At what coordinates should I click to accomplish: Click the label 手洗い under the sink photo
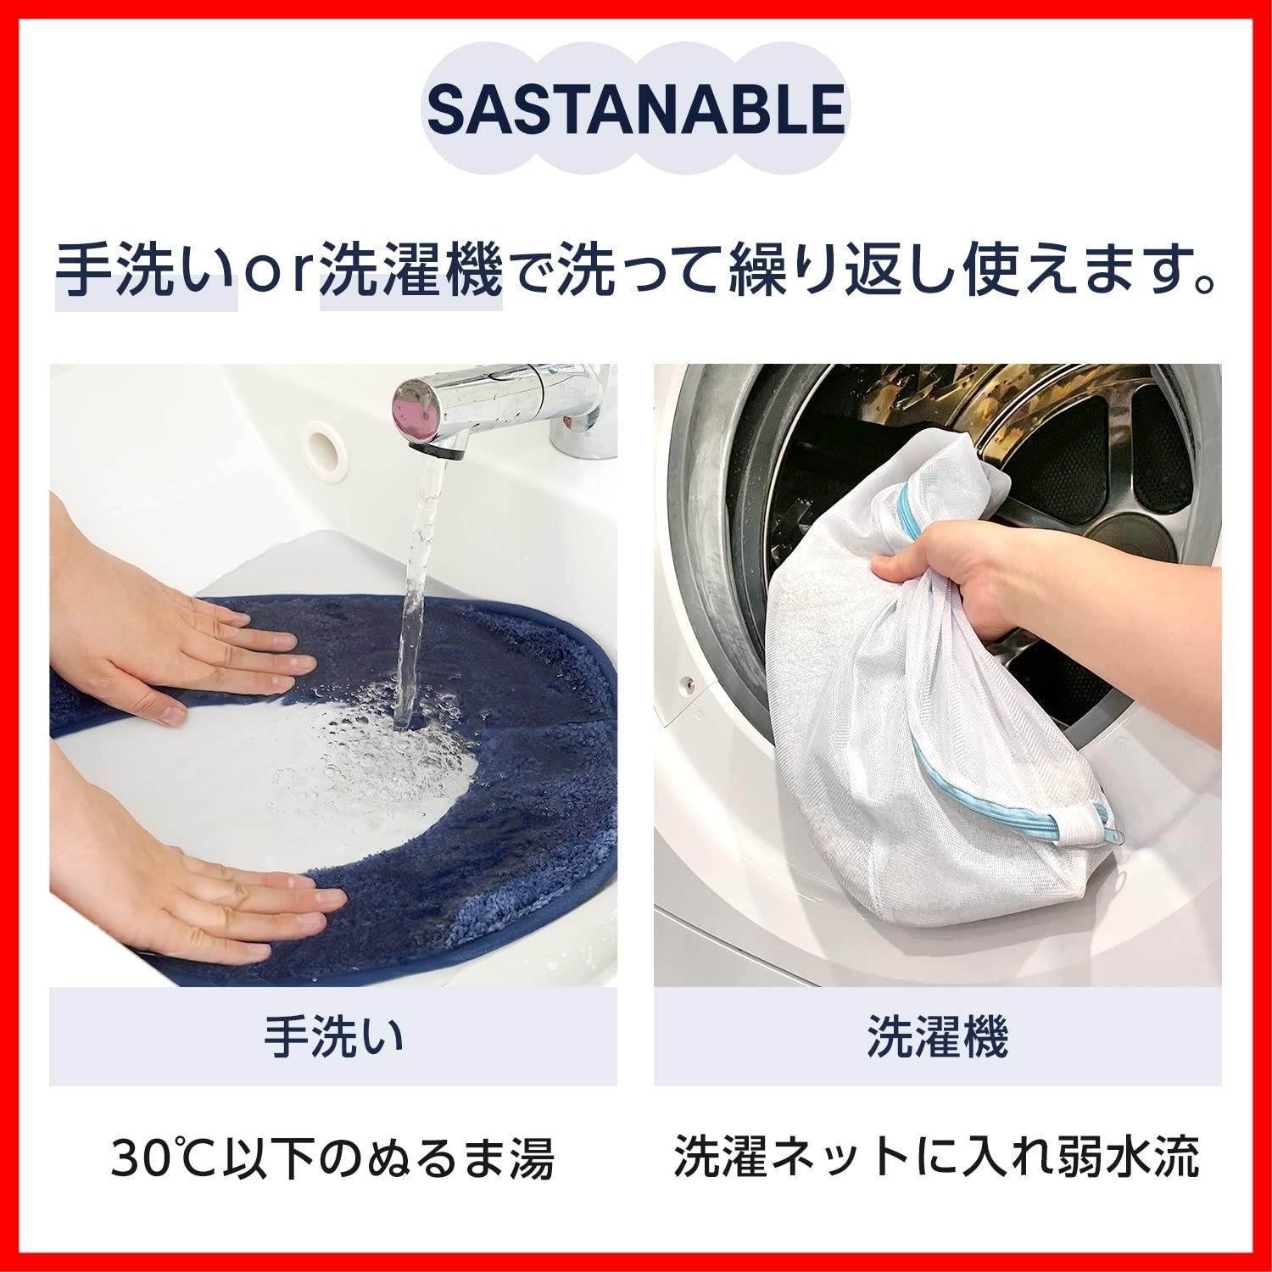pos(332,1037)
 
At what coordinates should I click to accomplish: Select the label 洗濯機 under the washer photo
pos(936,1037)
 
